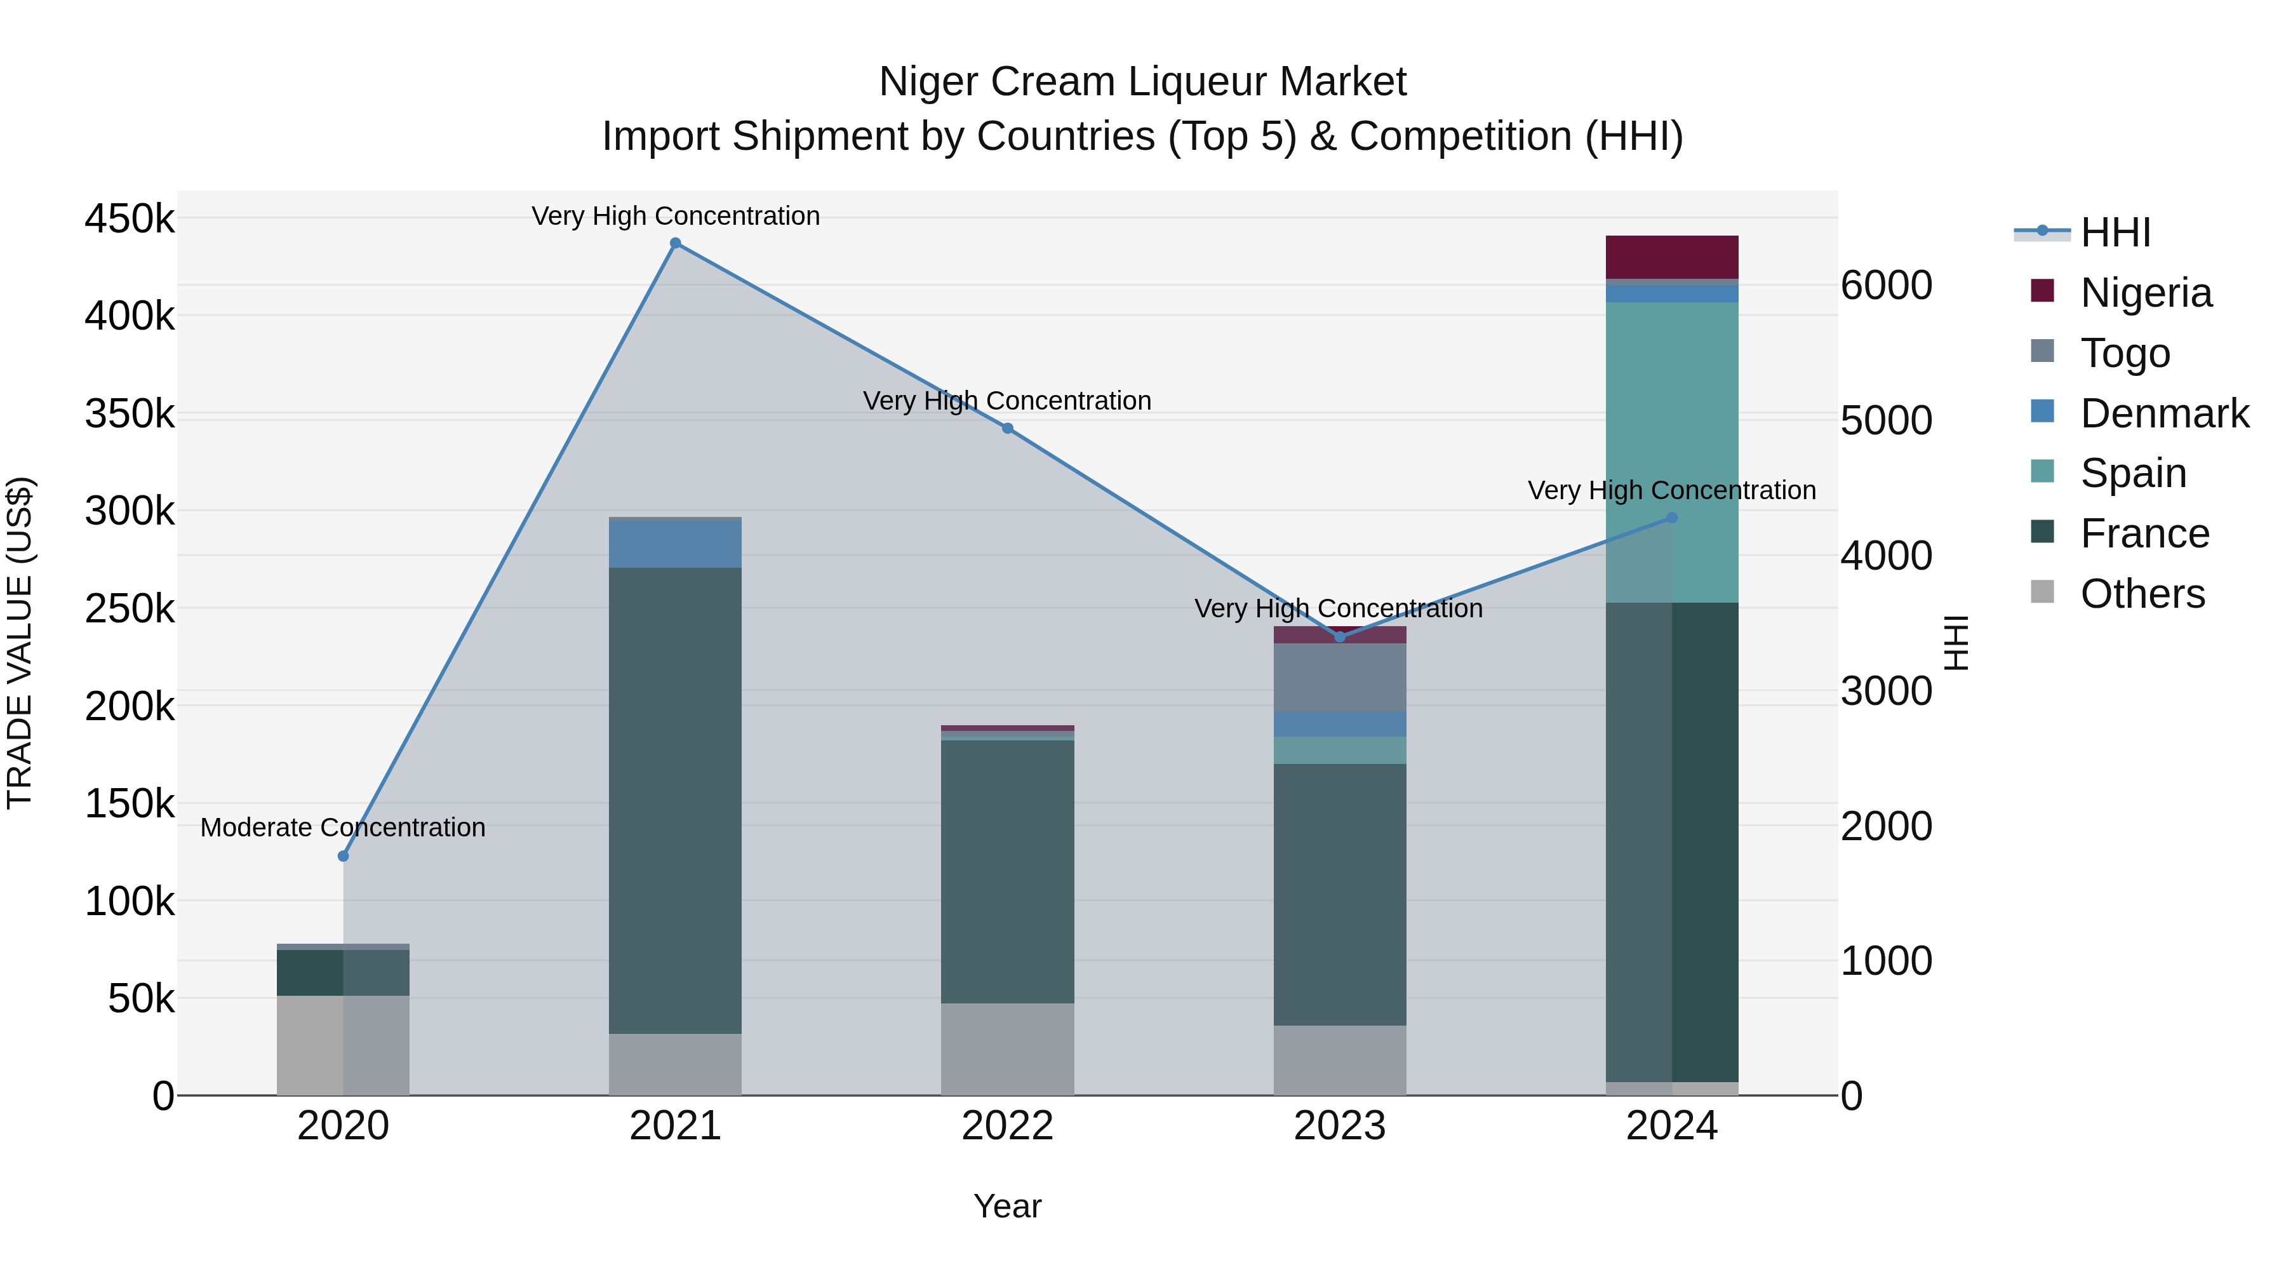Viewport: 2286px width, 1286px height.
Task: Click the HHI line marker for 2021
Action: pyautogui.click(x=676, y=243)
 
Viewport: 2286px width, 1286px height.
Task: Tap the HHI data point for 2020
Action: pyautogui.click(x=344, y=855)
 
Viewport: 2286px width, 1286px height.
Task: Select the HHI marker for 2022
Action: pyautogui.click(x=1007, y=429)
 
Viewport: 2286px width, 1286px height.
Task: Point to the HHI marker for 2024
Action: pyautogui.click(x=1672, y=518)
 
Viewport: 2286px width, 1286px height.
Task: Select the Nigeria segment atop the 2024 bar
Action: pyautogui.click(x=1672, y=257)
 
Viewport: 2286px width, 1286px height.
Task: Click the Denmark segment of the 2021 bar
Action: pyautogui.click(x=676, y=543)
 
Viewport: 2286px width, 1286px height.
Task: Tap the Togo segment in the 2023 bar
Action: pyautogui.click(x=1340, y=677)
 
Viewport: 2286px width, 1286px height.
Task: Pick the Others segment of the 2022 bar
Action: pyautogui.click(x=1007, y=1049)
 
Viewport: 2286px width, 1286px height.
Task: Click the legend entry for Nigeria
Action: pyautogui.click(x=2145, y=293)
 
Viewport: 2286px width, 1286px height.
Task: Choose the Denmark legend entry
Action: pyautogui.click(x=2163, y=413)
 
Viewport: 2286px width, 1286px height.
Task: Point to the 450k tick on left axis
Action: pyautogui.click(x=130, y=218)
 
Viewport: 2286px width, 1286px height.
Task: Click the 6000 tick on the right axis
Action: pyautogui.click(x=1887, y=286)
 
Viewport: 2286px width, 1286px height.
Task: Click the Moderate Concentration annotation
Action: pyautogui.click(x=344, y=827)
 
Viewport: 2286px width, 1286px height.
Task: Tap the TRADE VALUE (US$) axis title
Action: pyautogui.click(x=20, y=643)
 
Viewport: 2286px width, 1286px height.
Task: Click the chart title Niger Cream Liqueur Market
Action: pyautogui.click(x=1142, y=82)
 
